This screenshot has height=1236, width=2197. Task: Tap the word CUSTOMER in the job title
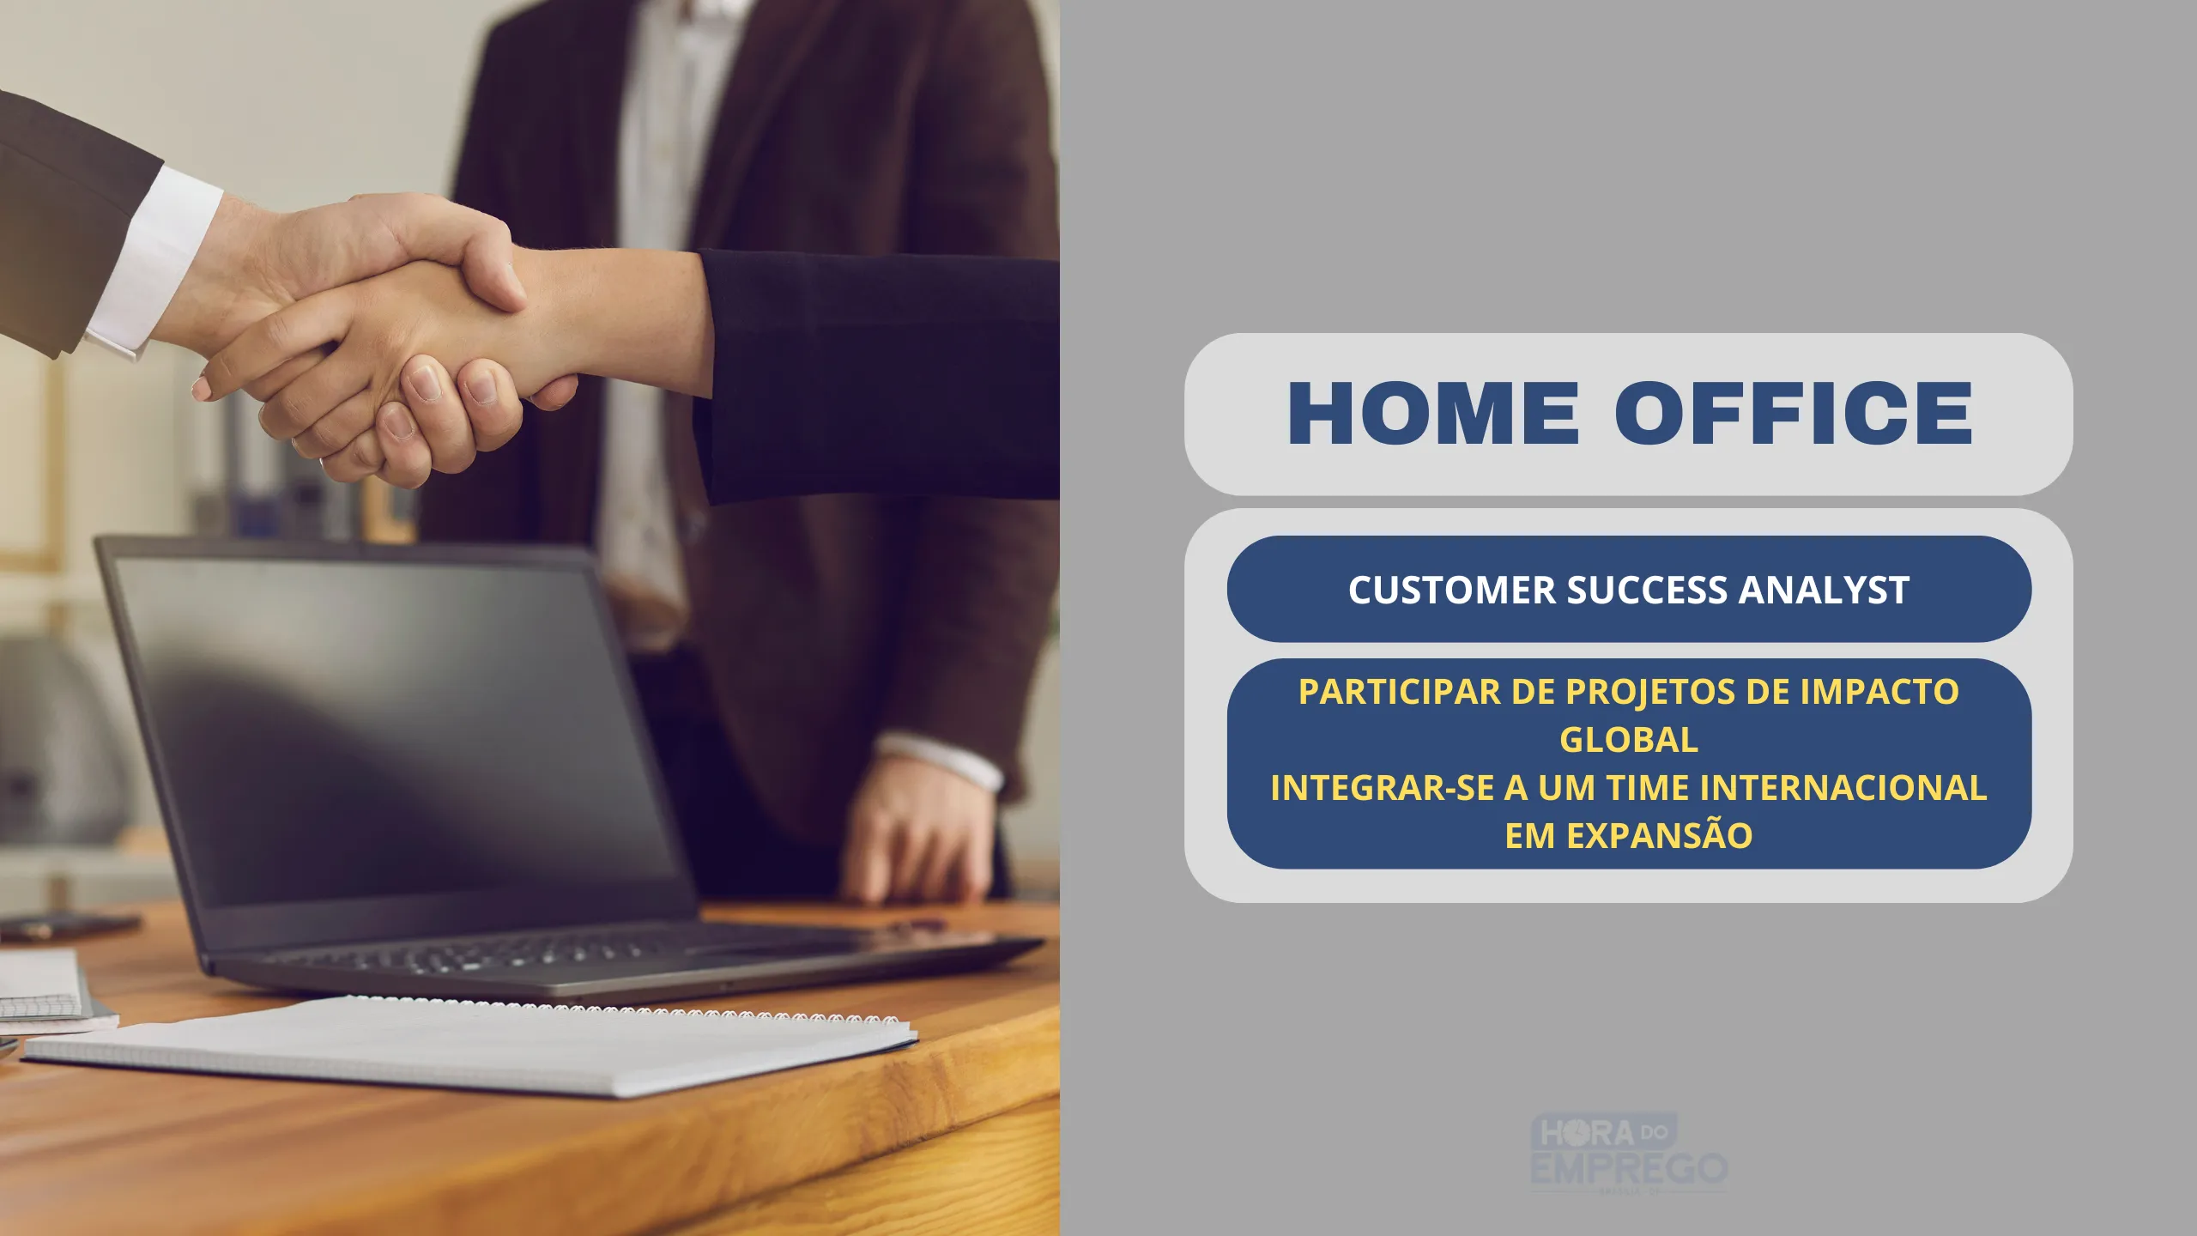[1452, 590]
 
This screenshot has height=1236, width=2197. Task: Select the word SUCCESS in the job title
[1647, 590]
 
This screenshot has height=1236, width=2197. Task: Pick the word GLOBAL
[1629, 740]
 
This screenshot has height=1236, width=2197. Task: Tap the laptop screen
[395, 730]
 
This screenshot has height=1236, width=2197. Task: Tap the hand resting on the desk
[918, 833]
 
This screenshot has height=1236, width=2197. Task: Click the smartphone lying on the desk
[69, 927]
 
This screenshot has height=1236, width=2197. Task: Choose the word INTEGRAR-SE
[1382, 788]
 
